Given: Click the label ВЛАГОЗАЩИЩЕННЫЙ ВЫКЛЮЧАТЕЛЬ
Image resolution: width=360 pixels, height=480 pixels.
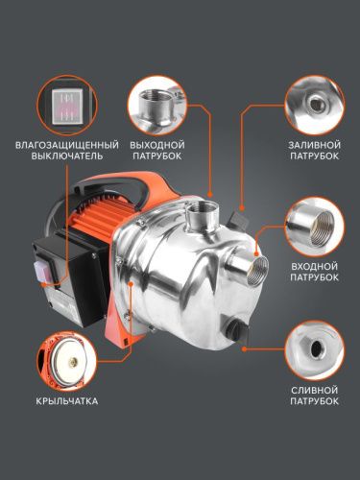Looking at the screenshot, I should pos(60,150).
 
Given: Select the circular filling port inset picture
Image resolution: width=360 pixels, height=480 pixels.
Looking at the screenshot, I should pos(314,101).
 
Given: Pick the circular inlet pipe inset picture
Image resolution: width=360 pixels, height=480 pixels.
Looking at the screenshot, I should pos(314,223).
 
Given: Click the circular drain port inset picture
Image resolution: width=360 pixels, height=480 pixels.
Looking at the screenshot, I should pos(314,348).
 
